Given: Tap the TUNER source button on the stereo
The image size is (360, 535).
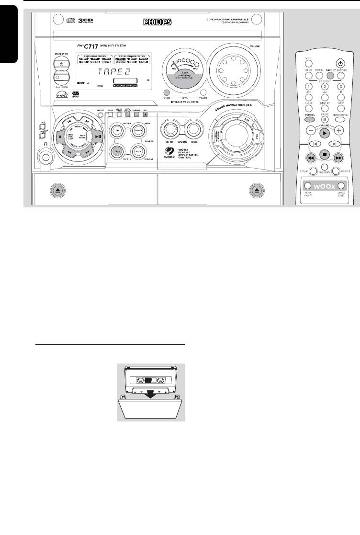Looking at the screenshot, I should click(139, 131).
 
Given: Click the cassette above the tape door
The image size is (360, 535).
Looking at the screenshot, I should click(151, 380).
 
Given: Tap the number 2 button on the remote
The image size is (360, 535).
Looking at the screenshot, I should click(324, 86).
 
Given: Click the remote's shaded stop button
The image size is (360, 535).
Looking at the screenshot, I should click(324, 155).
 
